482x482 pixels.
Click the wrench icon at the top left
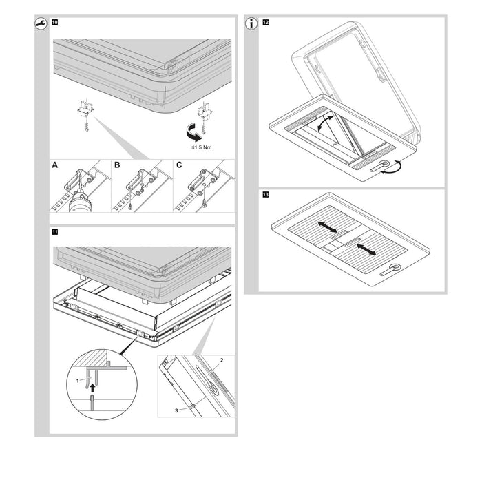click(x=41, y=23)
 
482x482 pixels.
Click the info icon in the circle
click(x=251, y=23)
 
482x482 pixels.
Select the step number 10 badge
click(x=54, y=23)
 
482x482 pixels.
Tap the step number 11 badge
click(x=54, y=232)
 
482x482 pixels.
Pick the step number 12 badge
click(x=266, y=23)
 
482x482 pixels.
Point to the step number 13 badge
click(x=266, y=195)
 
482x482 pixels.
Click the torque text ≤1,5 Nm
click(x=201, y=147)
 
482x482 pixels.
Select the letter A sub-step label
click(x=54, y=165)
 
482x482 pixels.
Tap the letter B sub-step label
click(x=117, y=165)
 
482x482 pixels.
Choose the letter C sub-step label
click(x=179, y=165)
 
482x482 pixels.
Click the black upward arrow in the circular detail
click(x=92, y=388)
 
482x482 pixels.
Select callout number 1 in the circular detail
click(x=78, y=381)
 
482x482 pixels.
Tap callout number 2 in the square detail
click(x=222, y=360)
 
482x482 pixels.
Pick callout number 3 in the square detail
click(x=176, y=410)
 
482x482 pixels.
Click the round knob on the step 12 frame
click(x=384, y=164)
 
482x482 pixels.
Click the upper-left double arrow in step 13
click(x=327, y=227)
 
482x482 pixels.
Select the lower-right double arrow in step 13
click(x=366, y=249)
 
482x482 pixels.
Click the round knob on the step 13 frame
click(x=395, y=267)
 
